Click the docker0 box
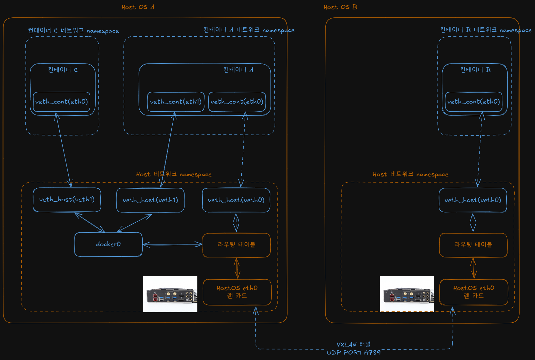coord(108,244)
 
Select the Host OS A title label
coord(138,7)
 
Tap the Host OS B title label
coord(340,7)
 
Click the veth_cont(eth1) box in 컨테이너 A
coord(176,102)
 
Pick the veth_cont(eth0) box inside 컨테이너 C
coord(61,102)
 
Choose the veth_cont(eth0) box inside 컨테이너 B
coord(474,102)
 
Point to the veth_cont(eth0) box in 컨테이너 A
coord(237,102)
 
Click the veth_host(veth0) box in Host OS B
coord(473,200)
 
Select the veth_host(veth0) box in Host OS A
coord(236,200)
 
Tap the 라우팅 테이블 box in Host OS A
coord(237,245)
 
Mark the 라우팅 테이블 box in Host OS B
coord(473,245)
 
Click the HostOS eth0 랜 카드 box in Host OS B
coord(474,292)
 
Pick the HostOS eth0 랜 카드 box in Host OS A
coord(237,292)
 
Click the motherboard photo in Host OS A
coord(170,294)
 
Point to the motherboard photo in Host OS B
coord(407,294)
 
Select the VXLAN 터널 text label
coord(353,344)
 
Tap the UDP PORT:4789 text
coord(353,352)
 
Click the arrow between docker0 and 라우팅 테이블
coord(172,244)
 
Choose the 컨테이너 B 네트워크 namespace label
coord(486,30)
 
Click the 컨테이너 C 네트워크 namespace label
coord(73,31)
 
